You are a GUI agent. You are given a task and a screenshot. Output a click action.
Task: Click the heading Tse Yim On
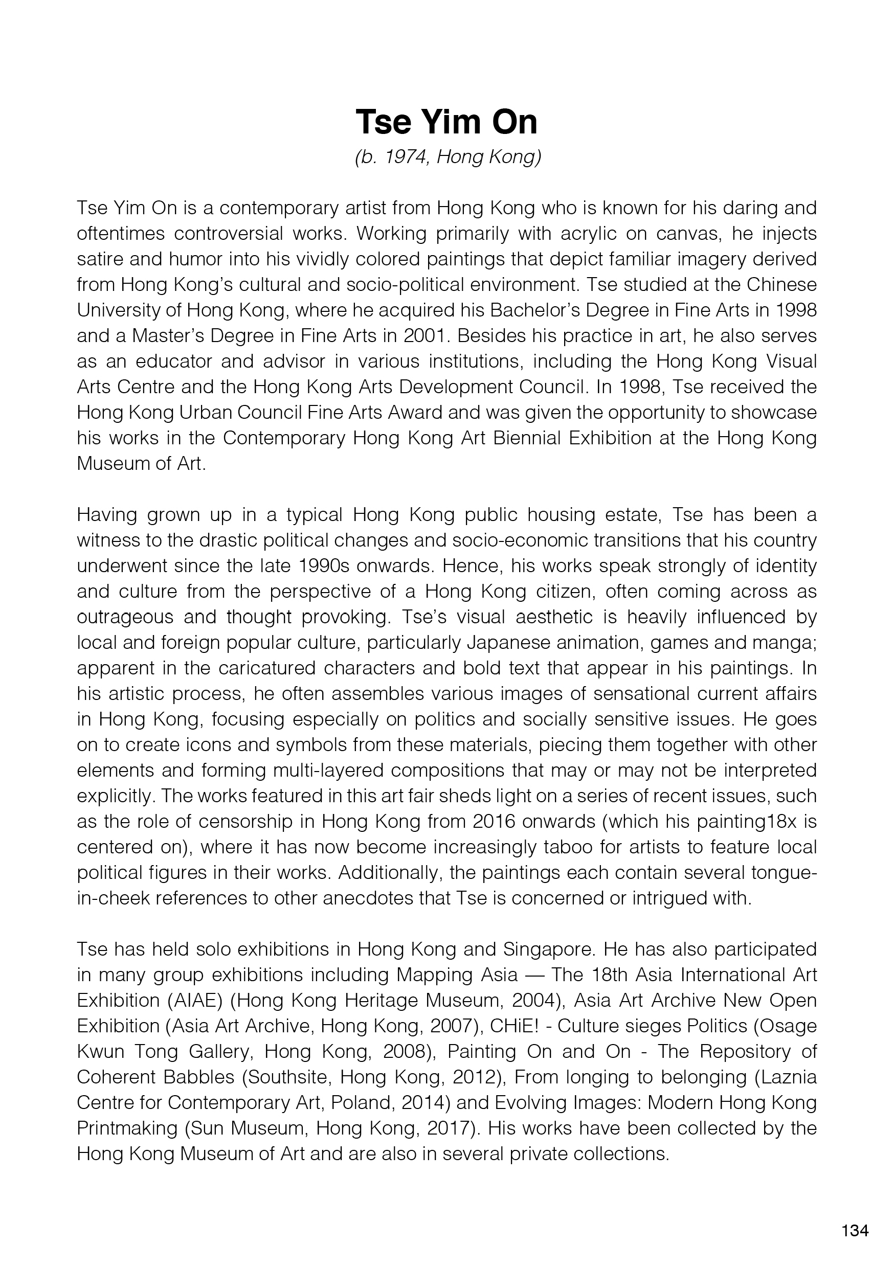click(446, 122)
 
